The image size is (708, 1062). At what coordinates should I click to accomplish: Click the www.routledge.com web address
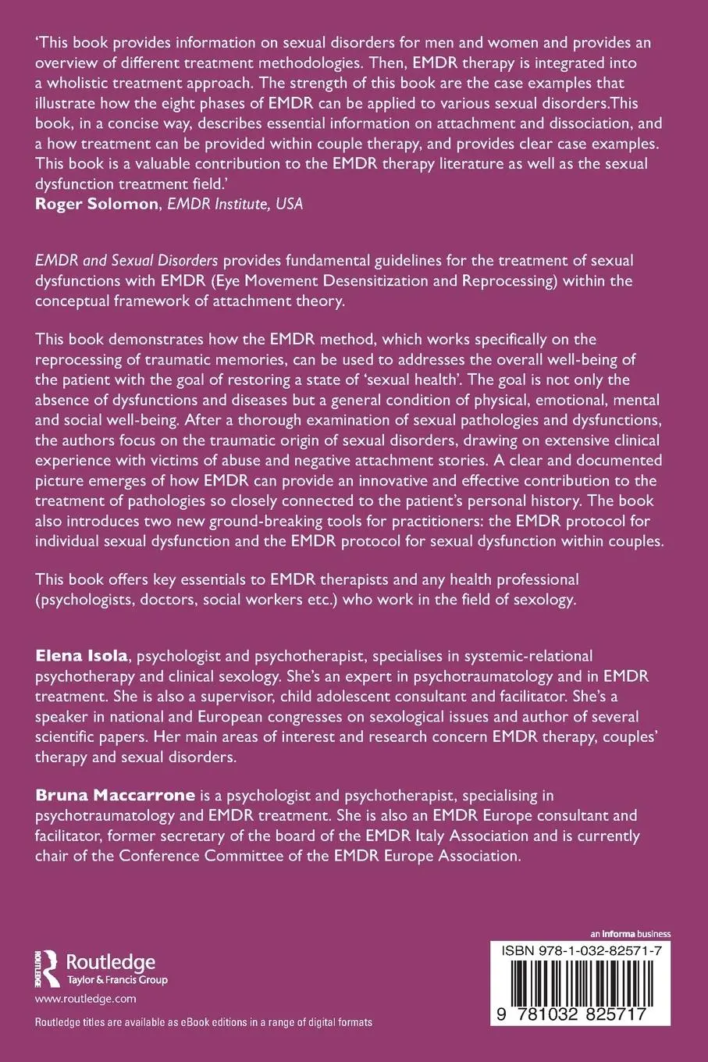pos(86,998)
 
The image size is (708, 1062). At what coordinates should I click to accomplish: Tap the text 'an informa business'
pos(632,933)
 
